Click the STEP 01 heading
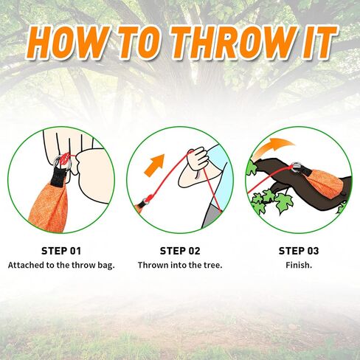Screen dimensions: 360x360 61,251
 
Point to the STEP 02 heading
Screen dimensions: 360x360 180,251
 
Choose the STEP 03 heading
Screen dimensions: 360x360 298,251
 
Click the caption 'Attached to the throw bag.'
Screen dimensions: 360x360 61,265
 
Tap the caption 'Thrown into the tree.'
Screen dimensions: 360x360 180,265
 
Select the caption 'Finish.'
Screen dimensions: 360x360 298,265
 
